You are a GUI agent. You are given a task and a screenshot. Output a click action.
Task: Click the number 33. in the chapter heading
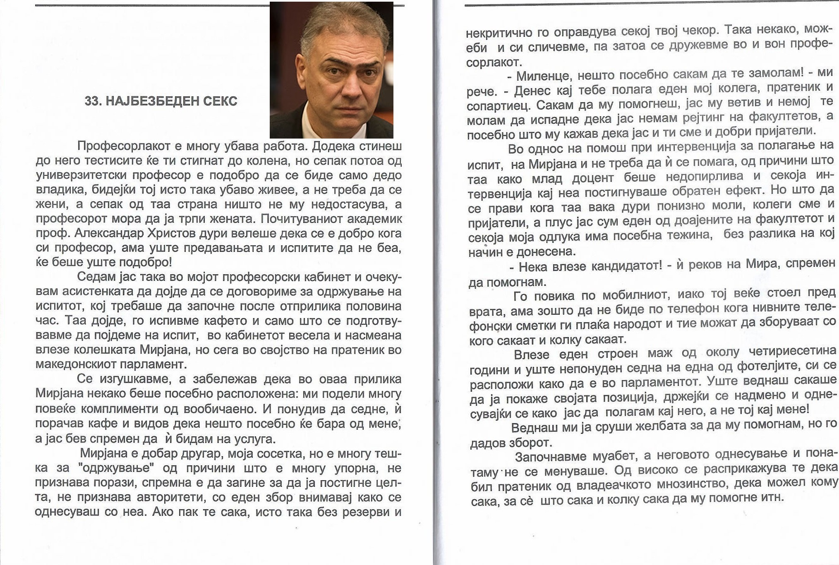[x=93, y=101]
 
